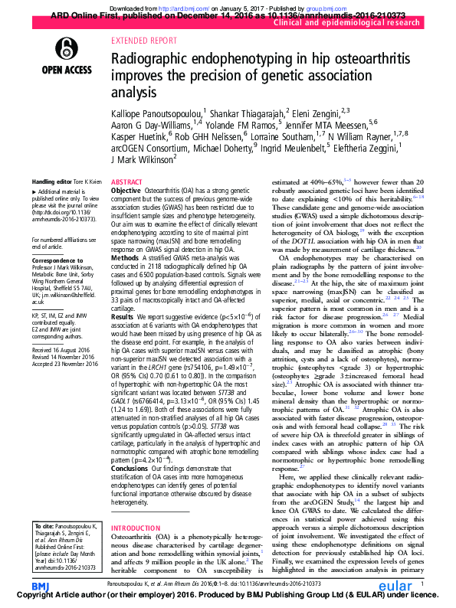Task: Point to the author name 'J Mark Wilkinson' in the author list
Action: [x=143, y=159]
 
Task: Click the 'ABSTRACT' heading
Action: [x=127, y=182]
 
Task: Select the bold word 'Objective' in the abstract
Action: [x=126, y=190]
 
